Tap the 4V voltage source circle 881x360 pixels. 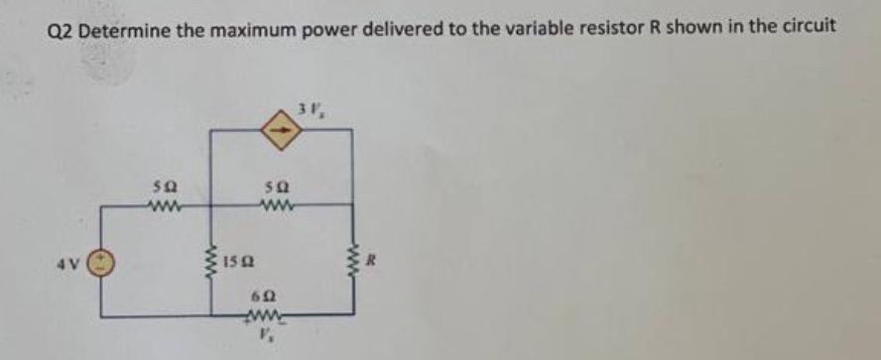point(104,263)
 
